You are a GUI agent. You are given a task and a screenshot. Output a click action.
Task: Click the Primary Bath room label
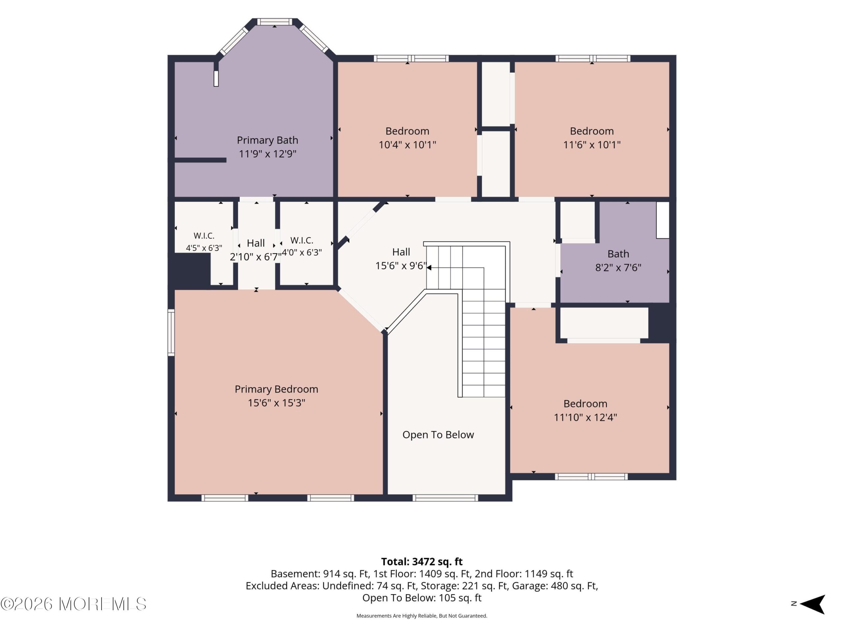click(267, 140)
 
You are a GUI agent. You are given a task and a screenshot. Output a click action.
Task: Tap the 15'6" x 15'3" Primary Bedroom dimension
click(276, 403)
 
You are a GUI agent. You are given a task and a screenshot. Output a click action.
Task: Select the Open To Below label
click(438, 435)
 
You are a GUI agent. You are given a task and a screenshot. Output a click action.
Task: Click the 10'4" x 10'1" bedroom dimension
click(407, 145)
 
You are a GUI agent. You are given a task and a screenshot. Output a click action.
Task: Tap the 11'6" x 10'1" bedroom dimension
click(592, 145)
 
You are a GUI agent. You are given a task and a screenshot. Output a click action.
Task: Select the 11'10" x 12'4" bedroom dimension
click(585, 417)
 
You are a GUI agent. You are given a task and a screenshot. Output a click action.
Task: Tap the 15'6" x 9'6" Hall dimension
click(401, 265)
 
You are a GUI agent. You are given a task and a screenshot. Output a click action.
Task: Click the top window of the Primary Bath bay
click(275, 22)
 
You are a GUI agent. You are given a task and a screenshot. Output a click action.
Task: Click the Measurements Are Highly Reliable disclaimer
click(422, 616)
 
